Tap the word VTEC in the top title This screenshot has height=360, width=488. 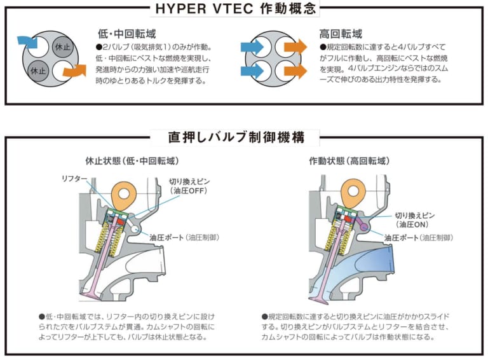[234, 9]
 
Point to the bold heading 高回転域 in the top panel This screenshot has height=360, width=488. [341, 33]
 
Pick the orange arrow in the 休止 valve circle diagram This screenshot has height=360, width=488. [74, 71]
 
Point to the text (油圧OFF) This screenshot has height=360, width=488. [185, 190]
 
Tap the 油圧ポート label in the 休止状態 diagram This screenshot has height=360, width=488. [167, 237]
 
